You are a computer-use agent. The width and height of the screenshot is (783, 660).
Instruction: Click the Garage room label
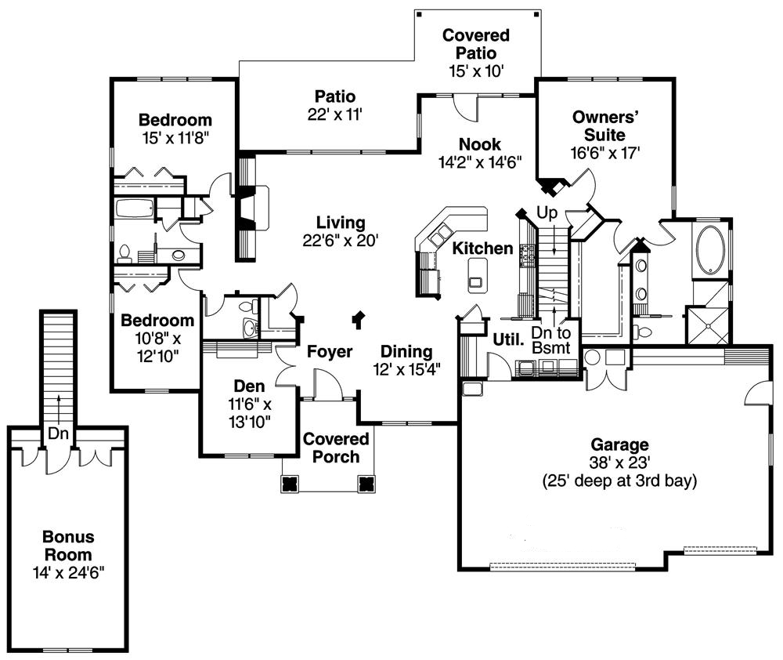point(620,444)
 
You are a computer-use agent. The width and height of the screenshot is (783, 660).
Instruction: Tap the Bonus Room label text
point(68,546)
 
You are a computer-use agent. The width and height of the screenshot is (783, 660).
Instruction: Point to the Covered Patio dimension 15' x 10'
point(476,71)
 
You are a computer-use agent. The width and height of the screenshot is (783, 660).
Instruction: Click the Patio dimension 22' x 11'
point(335,114)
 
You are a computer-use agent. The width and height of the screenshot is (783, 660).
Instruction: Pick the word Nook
point(480,145)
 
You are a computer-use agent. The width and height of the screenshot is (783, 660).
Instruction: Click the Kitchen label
point(483,248)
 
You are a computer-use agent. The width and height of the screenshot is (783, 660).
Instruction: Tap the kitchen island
point(476,274)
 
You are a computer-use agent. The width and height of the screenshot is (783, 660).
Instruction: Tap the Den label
point(250,386)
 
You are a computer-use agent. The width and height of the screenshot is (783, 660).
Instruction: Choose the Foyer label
point(329,351)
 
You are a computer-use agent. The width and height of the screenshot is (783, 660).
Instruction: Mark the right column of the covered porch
point(366,483)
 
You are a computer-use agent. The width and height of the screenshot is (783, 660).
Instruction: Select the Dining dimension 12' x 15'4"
point(406,369)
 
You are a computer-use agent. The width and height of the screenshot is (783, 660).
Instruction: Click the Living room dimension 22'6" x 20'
point(341,241)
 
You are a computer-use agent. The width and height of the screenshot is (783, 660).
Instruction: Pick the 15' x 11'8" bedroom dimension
point(175,138)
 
